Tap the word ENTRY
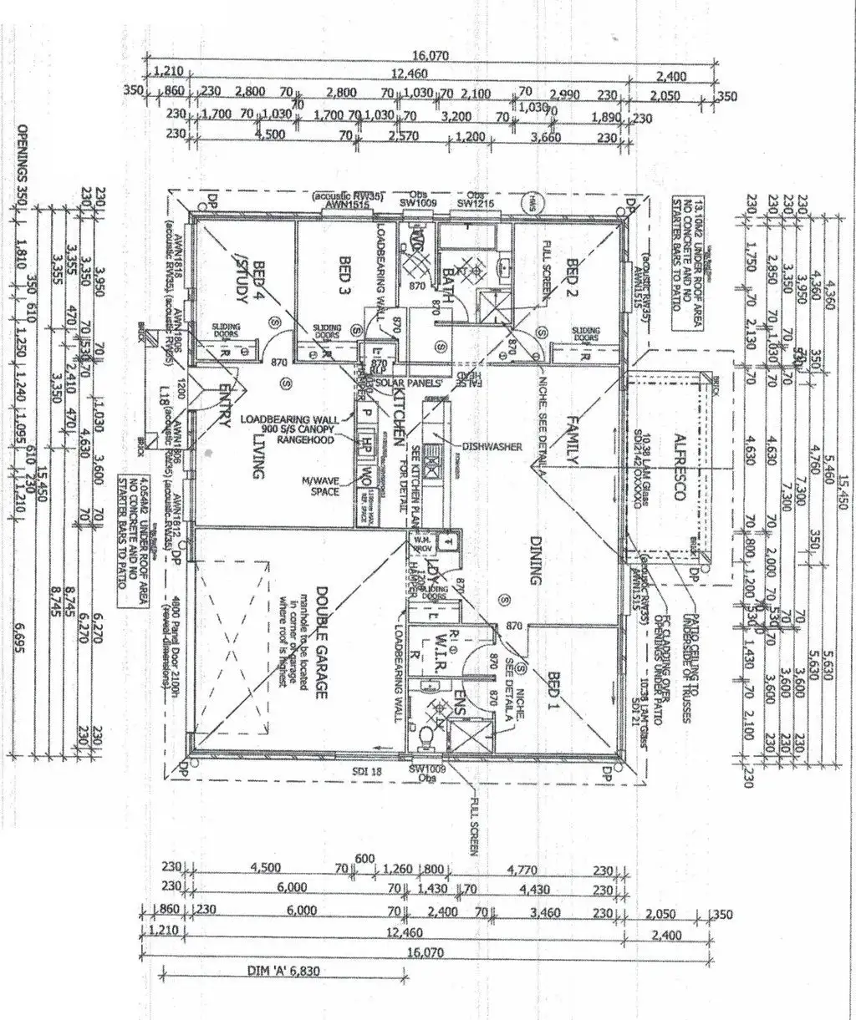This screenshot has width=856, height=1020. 223,407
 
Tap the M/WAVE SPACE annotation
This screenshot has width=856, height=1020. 321,485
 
